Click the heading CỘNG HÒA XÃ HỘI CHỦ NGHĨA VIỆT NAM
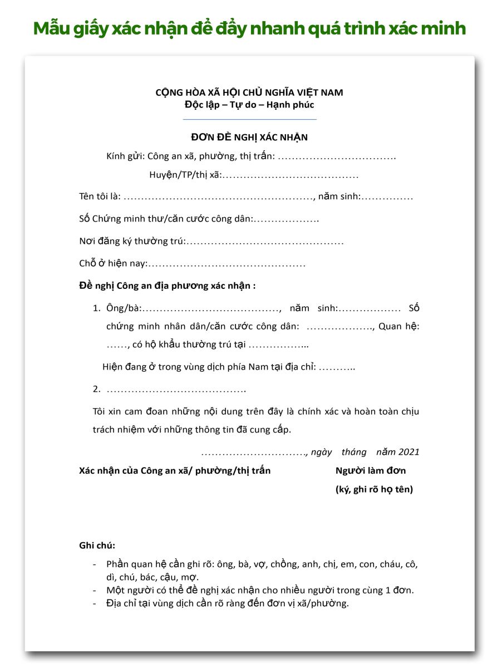249,92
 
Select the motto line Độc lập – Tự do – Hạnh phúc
249,104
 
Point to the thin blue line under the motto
249,119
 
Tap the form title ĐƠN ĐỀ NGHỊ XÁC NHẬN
249,137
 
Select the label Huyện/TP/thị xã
185,175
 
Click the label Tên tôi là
100,197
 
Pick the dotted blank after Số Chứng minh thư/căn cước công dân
286,219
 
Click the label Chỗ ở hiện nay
112,264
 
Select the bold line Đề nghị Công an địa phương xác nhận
167,286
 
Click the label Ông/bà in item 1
124,308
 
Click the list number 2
96,389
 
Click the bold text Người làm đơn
371,471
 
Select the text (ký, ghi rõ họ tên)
374,490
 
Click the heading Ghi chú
97,546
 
